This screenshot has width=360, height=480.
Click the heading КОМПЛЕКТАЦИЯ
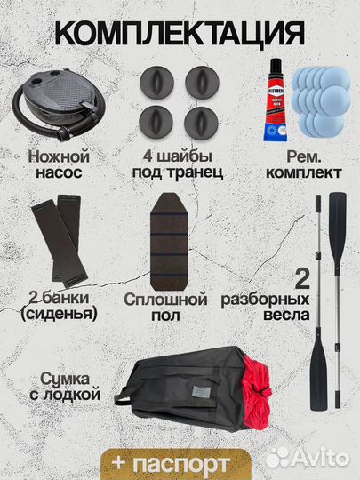pos(180,33)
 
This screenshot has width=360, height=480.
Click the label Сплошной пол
pos(178,308)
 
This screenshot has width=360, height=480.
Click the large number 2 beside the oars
pos(301,282)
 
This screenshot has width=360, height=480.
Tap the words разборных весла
pos(267,308)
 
